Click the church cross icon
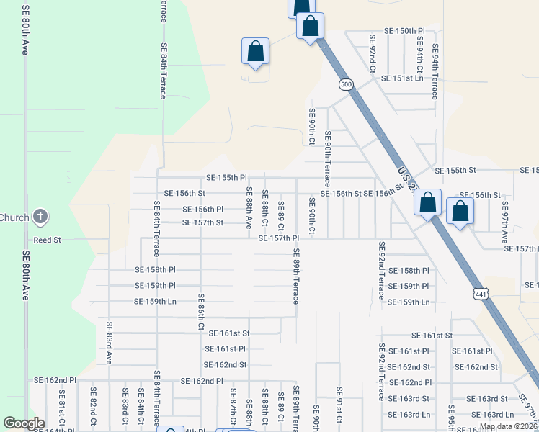tap(41, 217)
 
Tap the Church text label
tap(14, 217)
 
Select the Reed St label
tap(48, 239)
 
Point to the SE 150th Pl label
tap(410, 31)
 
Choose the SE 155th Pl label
tap(226, 177)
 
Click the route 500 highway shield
tap(347, 84)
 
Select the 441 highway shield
tap(481, 294)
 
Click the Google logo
tap(23, 423)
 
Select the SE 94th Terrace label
tap(435, 72)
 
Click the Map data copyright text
tap(508, 426)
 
